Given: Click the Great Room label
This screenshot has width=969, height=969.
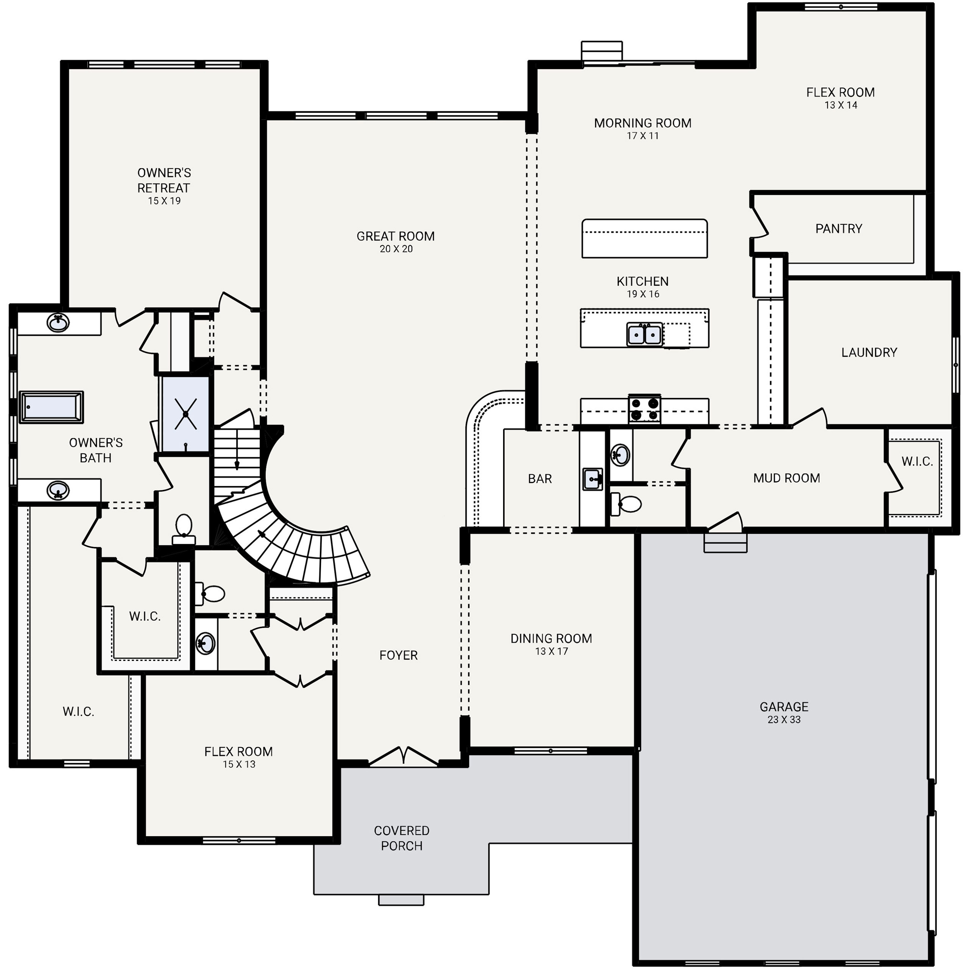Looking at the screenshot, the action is point(395,236).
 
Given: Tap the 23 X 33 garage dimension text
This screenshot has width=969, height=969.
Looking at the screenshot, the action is point(784,720).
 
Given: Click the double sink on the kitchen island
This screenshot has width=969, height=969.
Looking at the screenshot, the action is point(645,334).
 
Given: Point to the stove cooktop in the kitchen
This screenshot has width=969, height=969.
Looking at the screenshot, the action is point(645,409).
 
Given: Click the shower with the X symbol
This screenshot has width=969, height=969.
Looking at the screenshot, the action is point(185,414).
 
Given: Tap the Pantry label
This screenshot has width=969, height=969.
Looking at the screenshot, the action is point(838,229).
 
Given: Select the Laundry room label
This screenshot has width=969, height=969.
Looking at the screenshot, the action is point(869,353).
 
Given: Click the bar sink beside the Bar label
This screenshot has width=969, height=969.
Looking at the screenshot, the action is point(592,479).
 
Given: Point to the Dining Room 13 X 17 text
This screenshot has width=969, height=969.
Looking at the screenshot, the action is point(551,651).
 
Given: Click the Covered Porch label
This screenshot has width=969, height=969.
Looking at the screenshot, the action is point(401,838).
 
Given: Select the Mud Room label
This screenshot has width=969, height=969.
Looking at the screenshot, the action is point(787,478).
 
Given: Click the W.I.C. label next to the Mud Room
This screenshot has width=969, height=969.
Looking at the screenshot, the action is point(917,461).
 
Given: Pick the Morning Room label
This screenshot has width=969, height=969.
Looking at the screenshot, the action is point(642,123).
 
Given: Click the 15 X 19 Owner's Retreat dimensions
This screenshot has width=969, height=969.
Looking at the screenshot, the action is point(164,201).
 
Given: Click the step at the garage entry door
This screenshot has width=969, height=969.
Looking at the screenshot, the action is point(725,543).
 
